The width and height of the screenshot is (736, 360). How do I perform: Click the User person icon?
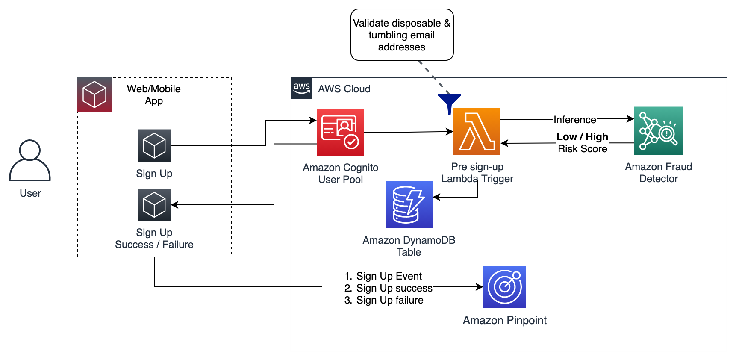[x=30, y=160]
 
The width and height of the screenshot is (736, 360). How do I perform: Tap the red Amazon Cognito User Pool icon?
[x=340, y=132]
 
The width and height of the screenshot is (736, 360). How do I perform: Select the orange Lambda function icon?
[x=477, y=131]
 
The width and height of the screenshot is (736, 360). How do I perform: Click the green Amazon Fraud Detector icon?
[x=658, y=131]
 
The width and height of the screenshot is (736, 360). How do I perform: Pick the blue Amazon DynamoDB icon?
[x=409, y=205]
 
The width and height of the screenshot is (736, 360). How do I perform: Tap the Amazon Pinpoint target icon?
[x=504, y=287]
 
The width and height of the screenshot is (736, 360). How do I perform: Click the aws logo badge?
[x=302, y=88]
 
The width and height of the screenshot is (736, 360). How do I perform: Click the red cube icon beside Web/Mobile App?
[x=94, y=94]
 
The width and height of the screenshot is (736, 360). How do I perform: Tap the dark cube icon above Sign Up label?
[x=154, y=145]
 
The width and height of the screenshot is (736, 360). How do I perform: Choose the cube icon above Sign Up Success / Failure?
[x=154, y=205]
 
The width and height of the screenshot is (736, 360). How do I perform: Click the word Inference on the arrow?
[x=574, y=120]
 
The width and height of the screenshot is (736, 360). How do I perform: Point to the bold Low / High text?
[x=582, y=137]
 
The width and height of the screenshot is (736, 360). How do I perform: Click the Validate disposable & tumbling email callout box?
[x=402, y=35]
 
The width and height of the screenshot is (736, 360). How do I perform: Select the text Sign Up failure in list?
[x=389, y=300]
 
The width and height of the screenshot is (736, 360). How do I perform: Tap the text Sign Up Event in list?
[x=389, y=276]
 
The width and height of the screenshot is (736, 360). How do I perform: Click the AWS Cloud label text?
[x=344, y=89]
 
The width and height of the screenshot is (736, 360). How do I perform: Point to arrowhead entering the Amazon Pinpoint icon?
[x=480, y=287]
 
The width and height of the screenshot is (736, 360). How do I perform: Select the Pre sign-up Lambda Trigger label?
[x=477, y=173]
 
